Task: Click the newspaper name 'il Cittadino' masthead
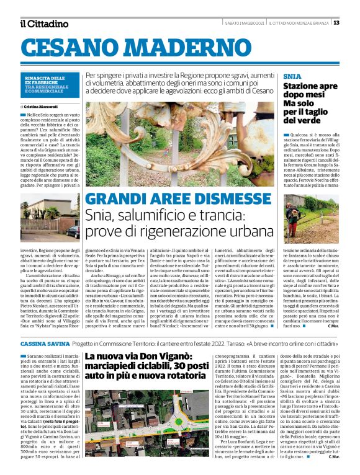point(44,24)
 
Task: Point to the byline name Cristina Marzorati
point(47,107)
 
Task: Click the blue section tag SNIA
point(291,75)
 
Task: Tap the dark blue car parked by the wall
point(74,231)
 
